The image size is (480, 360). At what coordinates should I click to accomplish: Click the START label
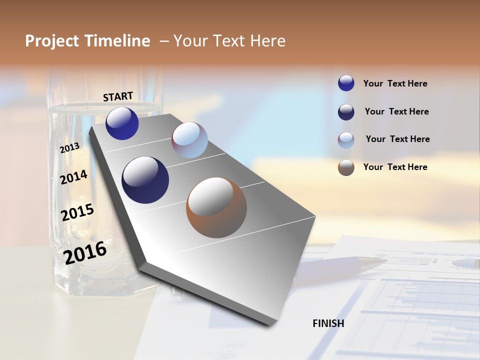coord(118,96)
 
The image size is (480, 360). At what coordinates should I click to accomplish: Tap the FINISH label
coord(328,323)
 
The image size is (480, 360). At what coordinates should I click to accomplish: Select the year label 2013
coord(69,147)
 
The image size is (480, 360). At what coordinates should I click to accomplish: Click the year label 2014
coord(73,177)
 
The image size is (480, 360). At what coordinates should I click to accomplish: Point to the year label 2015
coord(77,212)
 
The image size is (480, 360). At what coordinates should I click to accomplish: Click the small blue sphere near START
coord(122,123)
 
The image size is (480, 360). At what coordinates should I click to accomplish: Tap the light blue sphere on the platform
coord(189,140)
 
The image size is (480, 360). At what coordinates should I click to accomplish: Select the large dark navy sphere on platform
coord(145,180)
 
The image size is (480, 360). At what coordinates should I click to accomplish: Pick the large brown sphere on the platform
coord(216,207)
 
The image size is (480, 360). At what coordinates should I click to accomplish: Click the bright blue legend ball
coord(346,83)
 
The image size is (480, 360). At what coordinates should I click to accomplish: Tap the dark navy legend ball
coord(346,111)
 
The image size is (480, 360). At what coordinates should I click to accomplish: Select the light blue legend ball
coord(346,139)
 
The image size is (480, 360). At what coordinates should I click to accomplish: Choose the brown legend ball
coord(346,167)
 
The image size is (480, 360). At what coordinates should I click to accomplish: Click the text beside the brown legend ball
coord(395,167)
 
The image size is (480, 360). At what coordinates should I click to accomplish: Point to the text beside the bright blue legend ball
coord(395,83)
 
